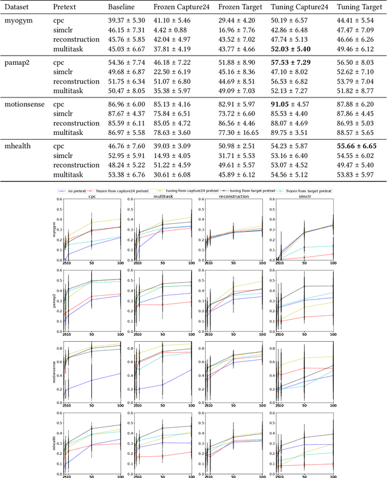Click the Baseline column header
121,8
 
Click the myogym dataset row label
18,20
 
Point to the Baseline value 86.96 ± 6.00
121,104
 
